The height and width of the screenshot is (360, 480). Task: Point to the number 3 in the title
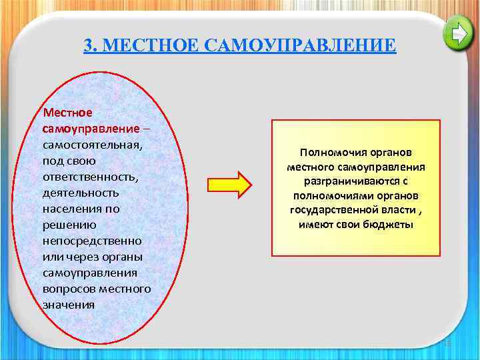tap(89, 46)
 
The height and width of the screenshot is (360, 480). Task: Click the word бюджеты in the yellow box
tap(393, 225)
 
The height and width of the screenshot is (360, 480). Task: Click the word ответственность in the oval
tap(84, 176)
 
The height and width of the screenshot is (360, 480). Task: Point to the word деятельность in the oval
tap(80, 192)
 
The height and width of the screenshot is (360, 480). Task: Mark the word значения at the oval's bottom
tap(68, 304)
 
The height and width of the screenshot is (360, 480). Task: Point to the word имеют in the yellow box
tap(315, 225)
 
